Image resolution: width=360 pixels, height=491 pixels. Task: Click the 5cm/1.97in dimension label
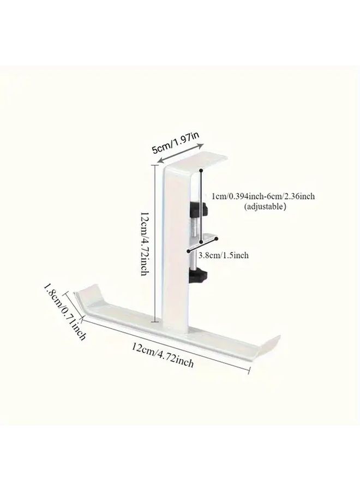176,143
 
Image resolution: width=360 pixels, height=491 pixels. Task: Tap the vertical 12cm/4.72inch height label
145,244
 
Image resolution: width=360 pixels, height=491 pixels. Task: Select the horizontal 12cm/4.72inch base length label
163,355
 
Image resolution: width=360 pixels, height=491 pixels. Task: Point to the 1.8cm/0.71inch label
64,312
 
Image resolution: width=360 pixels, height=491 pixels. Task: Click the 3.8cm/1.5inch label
224,255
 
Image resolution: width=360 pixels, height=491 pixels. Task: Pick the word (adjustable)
265,206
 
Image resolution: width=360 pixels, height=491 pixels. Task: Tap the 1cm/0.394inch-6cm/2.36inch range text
263,196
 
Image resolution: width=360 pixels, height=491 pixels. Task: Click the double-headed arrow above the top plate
181,153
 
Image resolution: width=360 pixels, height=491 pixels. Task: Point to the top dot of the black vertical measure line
201,171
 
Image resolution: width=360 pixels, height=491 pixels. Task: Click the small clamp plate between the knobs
205,239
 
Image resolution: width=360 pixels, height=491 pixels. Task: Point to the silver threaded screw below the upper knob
194,226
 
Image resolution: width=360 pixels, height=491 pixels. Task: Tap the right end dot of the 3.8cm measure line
216,239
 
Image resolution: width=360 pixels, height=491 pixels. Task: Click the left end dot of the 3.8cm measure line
188,250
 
